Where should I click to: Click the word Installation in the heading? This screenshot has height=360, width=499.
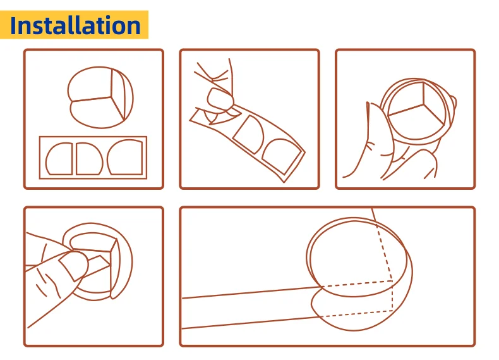[75, 25]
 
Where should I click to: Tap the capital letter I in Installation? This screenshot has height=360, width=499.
[13, 25]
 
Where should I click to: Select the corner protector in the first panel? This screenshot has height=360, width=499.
[100, 97]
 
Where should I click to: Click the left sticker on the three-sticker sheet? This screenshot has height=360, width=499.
[59, 158]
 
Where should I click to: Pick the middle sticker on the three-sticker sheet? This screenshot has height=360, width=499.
[90, 158]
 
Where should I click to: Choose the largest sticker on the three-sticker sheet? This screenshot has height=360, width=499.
[125, 157]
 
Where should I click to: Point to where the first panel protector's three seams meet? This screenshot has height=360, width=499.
[111, 97]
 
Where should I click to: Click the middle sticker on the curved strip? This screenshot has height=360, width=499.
[248, 134]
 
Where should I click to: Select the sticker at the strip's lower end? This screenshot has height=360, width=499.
[281, 156]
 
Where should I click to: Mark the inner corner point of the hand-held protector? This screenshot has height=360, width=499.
[424, 104]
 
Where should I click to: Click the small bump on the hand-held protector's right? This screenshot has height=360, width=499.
[453, 102]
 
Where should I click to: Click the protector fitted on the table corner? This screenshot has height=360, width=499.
[359, 274]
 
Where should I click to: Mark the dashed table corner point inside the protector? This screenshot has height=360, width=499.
[392, 282]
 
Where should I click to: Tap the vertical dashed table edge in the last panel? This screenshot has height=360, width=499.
[393, 296]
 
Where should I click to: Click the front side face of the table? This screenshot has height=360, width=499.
[251, 307]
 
